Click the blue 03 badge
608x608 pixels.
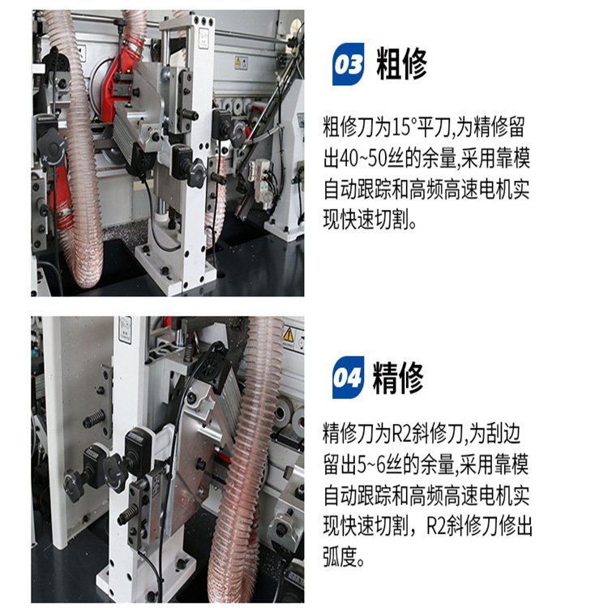348,64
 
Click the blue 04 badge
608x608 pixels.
348,377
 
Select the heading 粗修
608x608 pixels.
401,63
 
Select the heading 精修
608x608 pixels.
398,378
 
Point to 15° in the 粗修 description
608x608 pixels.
404,126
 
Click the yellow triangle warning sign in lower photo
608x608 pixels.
288,335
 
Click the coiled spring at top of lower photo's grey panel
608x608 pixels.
94,419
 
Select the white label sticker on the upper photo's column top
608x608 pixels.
204,38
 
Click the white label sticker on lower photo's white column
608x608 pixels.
125,330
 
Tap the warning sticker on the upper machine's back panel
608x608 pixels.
241,62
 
